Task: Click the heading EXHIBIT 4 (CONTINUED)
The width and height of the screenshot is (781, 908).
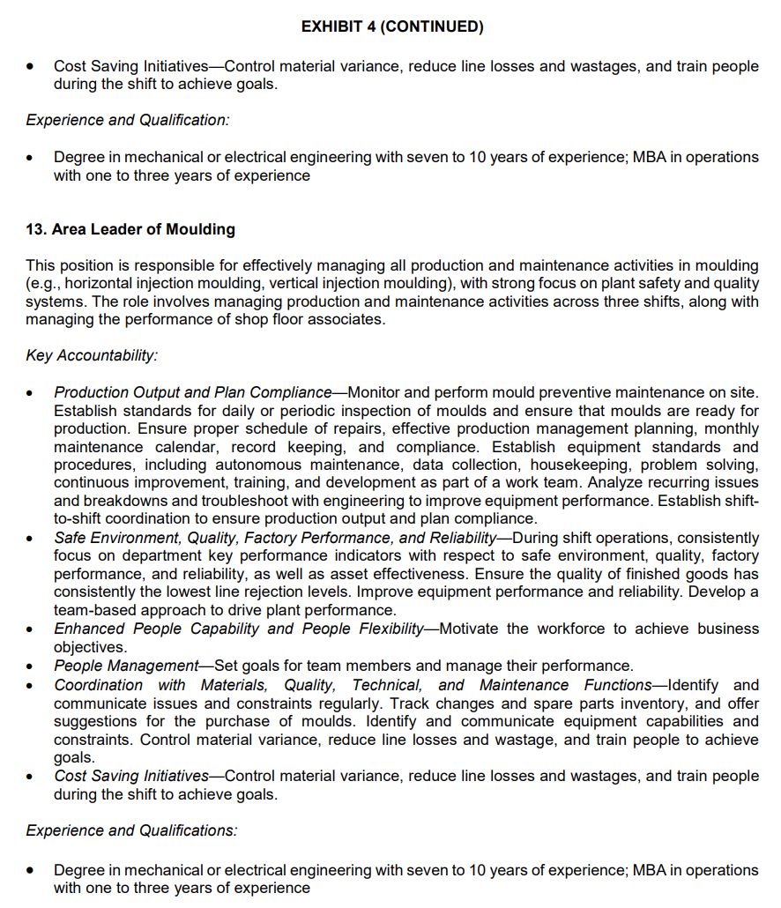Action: click(x=391, y=26)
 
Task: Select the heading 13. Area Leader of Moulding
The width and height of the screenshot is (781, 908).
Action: click(x=130, y=229)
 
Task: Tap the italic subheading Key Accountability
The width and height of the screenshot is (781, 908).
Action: click(x=92, y=356)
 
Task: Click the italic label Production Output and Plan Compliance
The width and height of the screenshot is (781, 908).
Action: click(x=192, y=392)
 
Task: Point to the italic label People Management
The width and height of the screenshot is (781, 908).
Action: click(x=126, y=666)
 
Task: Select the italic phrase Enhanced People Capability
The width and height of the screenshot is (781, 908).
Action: click(x=158, y=629)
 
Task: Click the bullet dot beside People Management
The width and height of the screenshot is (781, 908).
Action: click(x=32, y=666)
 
